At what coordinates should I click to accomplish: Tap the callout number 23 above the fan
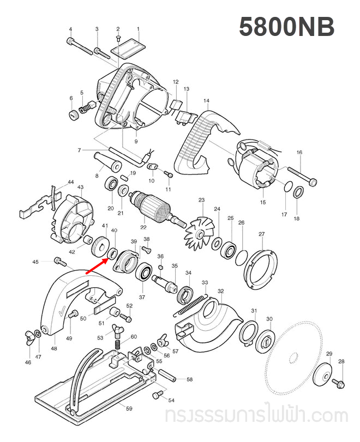tap(201, 201)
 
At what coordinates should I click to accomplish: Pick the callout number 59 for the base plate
tap(129, 408)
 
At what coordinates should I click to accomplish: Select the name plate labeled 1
tap(127, 47)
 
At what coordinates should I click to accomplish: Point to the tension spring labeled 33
tap(191, 305)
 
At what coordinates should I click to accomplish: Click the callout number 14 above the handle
tap(206, 101)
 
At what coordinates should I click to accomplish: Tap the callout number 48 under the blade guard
tap(53, 349)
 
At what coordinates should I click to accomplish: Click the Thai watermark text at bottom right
tap(256, 416)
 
